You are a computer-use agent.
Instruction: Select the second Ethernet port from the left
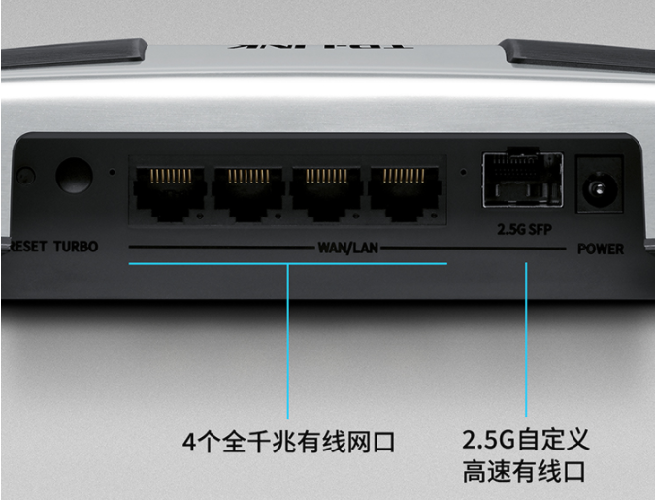247,189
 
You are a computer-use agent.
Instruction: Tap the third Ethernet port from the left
327,189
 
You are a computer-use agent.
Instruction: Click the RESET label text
29,247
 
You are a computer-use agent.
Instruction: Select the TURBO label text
75,247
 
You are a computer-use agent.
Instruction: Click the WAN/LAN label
347,248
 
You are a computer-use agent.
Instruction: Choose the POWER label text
601,249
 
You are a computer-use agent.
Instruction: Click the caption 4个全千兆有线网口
289,443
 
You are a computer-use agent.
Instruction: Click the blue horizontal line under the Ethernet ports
287,263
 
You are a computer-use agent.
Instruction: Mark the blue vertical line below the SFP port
527,340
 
